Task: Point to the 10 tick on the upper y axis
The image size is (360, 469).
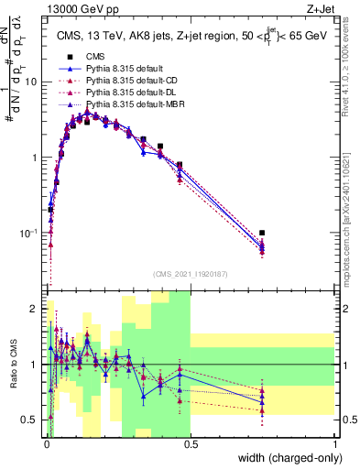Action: tap(31, 82)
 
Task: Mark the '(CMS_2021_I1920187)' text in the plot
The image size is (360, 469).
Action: tap(190, 272)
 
